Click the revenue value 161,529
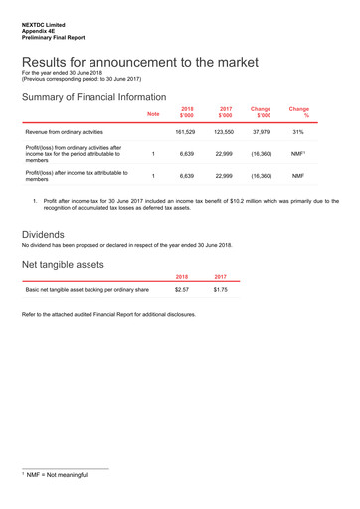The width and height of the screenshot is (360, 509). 184,131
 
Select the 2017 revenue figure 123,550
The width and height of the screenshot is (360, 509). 223,131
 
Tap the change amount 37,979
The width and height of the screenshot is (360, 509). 261,131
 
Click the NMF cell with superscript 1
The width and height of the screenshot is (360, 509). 298,154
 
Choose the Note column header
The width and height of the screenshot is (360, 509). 153,114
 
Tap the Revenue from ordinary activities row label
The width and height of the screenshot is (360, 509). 64,131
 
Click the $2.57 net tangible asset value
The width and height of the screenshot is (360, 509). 182,289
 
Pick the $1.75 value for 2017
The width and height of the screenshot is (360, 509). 221,289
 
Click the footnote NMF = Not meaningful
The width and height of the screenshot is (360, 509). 57,475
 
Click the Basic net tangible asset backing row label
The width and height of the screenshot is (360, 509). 87,289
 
